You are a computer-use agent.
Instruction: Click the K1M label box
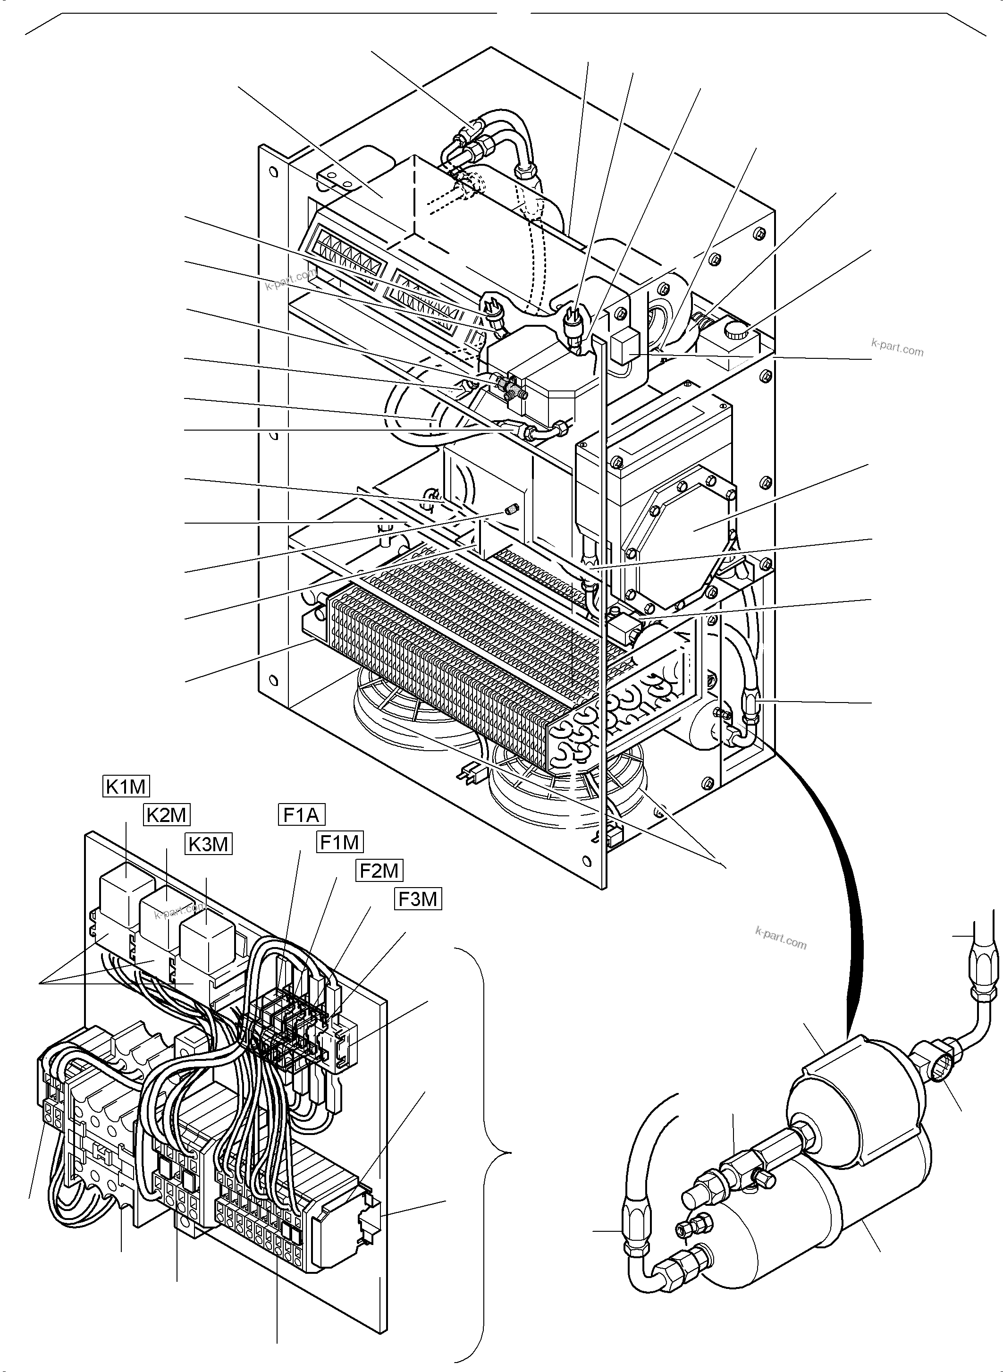[x=125, y=787]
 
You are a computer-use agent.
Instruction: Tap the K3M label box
[x=209, y=844]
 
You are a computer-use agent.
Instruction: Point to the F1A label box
[x=302, y=814]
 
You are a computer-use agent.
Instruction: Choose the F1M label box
[x=340, y=842]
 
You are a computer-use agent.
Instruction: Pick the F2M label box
[x=379, y=870]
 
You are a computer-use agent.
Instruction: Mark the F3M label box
[x=418, y=898]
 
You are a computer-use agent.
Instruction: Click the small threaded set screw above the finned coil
[x=510, y=508]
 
